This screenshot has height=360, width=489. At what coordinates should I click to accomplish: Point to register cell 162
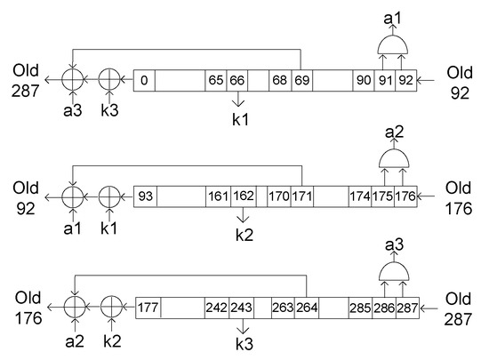[x=243, y=195]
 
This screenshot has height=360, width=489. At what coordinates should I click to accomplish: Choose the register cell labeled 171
[x=301, y=195]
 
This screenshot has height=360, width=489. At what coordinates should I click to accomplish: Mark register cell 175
[x=383, y=195]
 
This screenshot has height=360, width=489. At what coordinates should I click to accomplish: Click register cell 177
[x=148, y=309]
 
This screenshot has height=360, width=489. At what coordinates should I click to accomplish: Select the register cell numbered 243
[x=241, y=309]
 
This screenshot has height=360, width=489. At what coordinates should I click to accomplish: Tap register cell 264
[x=307, y=309]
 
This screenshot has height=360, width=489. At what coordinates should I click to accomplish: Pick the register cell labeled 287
[x=406, y=309]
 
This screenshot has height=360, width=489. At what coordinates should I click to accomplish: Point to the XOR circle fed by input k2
[x=110, y=309]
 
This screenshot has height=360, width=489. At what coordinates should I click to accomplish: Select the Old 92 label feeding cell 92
[x=460, y=81]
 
